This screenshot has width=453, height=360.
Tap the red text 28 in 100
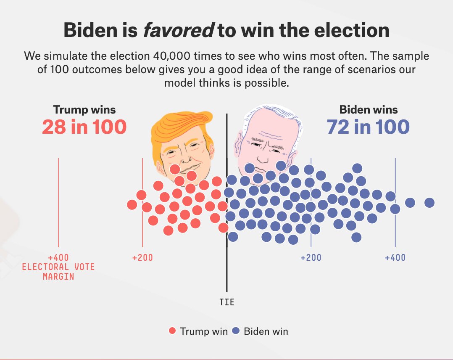84,127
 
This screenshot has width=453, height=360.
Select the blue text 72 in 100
368,127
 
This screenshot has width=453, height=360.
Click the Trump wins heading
84,110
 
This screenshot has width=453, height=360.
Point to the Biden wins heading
368,110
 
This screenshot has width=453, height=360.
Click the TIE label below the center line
227,302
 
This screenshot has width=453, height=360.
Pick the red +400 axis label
58,257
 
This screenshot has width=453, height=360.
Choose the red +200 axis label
142,257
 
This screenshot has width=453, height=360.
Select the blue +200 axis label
311,257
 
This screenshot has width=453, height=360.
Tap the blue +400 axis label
395,257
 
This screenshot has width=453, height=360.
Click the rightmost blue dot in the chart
429,203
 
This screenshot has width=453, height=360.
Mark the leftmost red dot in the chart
132,205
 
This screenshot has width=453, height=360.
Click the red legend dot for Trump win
172,331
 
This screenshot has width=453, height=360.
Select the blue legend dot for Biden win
236,331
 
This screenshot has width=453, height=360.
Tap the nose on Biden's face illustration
263,158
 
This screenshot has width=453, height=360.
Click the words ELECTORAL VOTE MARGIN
58,272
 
